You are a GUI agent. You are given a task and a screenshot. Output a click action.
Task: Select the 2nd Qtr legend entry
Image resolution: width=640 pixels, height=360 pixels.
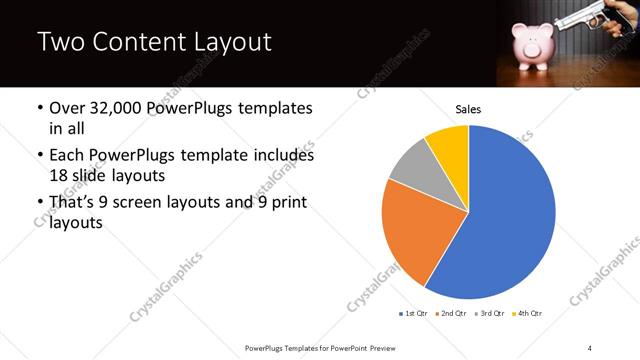453,314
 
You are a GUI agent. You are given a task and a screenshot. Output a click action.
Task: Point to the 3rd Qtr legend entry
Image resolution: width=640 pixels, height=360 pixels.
490,314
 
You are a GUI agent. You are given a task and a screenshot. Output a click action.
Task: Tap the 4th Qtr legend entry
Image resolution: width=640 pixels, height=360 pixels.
527,314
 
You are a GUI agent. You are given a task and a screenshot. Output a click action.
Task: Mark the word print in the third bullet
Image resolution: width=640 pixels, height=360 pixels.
285,205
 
